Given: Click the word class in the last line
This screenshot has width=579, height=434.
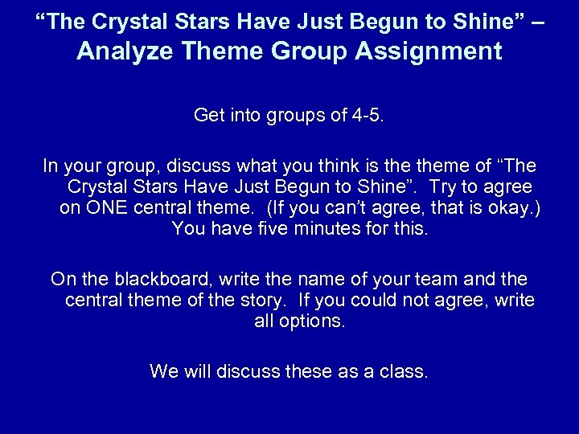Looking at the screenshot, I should click(407, 372).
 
